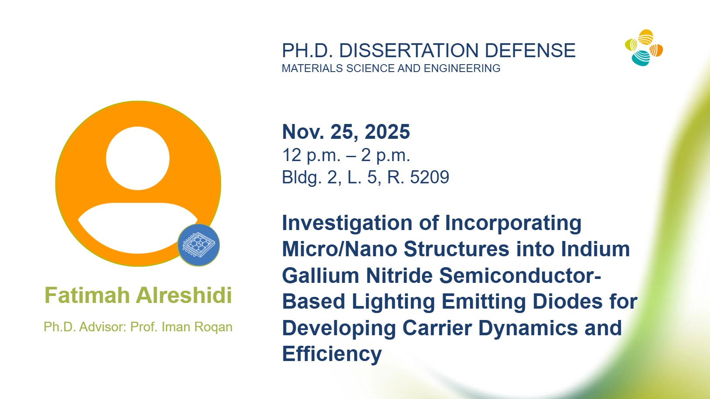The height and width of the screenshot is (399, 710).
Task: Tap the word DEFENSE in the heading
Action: (x=530, y=51)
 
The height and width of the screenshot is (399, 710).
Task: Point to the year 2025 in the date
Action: (x=387, y=132)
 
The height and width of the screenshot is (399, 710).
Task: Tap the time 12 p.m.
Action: (x=311, y=155)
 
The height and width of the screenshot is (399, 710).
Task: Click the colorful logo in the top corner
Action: (x=644, y=48)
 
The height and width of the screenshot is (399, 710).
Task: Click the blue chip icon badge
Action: (x=199, y=245)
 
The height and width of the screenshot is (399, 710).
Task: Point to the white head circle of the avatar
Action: (x=137, y=158)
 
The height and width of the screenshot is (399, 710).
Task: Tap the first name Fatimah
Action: (x=87, y=295)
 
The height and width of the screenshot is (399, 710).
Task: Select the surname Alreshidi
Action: (x=184, y=295)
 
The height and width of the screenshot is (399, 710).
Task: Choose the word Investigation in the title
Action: (x=347, y=224)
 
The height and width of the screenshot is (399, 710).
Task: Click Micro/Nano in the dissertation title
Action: (x=339, y=249)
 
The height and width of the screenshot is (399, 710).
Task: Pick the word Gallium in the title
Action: (x=321, y=275)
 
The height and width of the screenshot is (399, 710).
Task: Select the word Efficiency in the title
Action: (x=332, y=354)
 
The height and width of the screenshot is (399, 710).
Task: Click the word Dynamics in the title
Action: (x=528, y=328)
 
